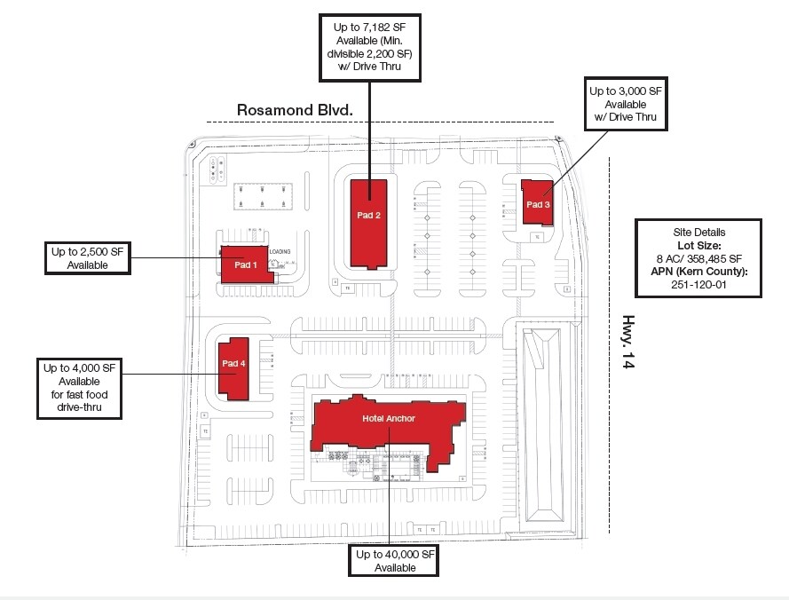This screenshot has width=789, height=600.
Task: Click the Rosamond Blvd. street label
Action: point(295,109)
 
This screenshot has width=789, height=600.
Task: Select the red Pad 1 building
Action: point(246,264)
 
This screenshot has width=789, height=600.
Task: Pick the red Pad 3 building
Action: point(537,204)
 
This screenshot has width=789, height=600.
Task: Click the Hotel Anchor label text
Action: point(388,418)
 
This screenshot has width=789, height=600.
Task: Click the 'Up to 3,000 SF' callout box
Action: point(625,104)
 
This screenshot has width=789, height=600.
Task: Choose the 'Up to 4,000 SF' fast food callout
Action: point(80,388)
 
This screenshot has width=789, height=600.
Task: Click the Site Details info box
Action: point(698,258)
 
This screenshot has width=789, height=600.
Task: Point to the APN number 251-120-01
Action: point(698,284)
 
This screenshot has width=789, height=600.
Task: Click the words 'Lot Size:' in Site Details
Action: point(698,245)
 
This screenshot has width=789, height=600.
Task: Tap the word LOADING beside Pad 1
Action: point(280,251)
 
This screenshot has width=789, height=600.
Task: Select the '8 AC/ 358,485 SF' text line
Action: point(698,258)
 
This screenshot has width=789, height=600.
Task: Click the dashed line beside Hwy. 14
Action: point(611,346)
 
